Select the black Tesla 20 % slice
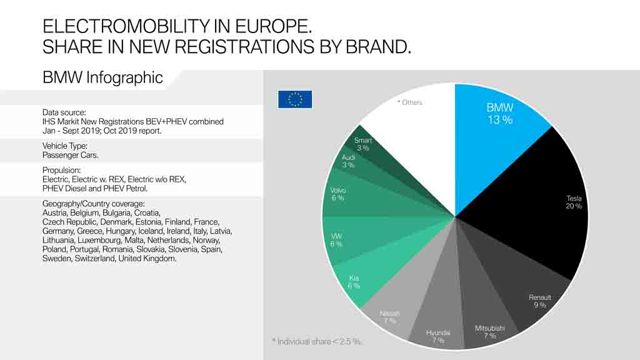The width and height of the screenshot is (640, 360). point(537,206)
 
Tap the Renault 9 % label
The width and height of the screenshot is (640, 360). point(539,301)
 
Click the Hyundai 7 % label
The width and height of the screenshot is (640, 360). point(438,336)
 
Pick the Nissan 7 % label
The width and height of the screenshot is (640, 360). point(389,317)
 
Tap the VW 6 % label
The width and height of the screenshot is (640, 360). point(336,240)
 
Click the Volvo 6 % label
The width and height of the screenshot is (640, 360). point(337,194)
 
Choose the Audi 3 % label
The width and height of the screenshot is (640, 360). point(348,161)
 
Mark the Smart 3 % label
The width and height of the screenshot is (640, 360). point(362,144)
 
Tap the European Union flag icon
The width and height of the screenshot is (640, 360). point(295,99)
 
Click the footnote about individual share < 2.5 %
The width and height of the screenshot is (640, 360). point(317,341)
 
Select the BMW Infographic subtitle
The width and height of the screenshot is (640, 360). point(102,77)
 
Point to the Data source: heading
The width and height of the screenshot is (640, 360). point(64,112)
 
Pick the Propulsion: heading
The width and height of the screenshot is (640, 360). point(62,170)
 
